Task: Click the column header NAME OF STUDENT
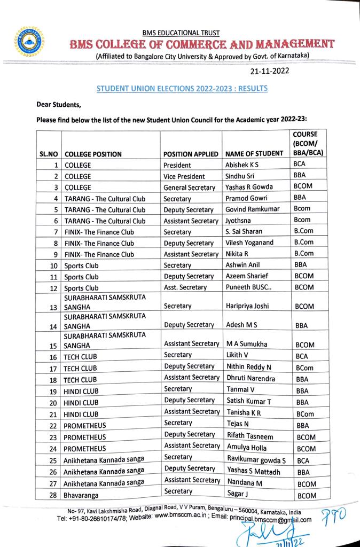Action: pyautogui.click(x=254, y=154)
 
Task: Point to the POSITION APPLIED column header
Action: pyautogui.click(x=191, y=154)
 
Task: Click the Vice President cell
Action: pyautogui.click(x=184, y=176)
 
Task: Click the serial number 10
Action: pyautogui.click(x=53, y=265)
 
